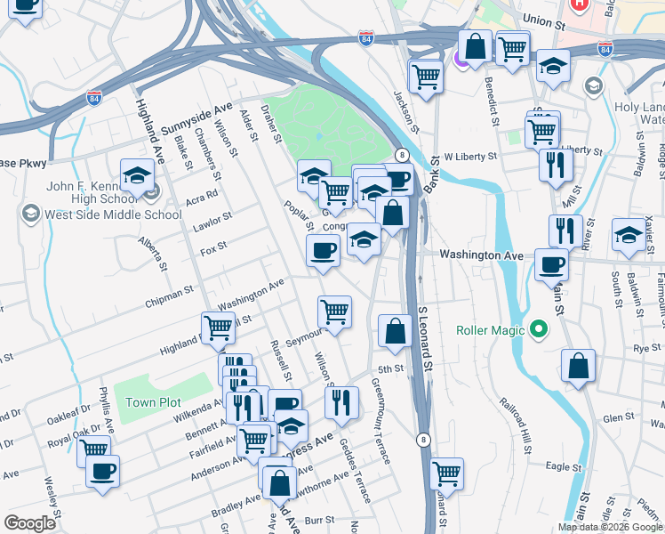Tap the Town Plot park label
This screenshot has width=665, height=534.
(x=153, y=402)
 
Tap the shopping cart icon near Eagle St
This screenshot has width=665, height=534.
(x=445, y=473)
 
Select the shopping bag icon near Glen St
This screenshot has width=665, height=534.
(x=578, y=365)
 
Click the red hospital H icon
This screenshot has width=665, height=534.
(x=580, y=4)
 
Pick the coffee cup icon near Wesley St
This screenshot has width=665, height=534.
(x=102, y=470)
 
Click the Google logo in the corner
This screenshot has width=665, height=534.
(x=28, y=523)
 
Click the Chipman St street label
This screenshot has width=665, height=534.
(x=171, y=293)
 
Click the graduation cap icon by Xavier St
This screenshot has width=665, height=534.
(x=629, y=236)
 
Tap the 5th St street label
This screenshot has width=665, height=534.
(x=390, y=368)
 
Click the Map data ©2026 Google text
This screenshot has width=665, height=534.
(x=610, y=527)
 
